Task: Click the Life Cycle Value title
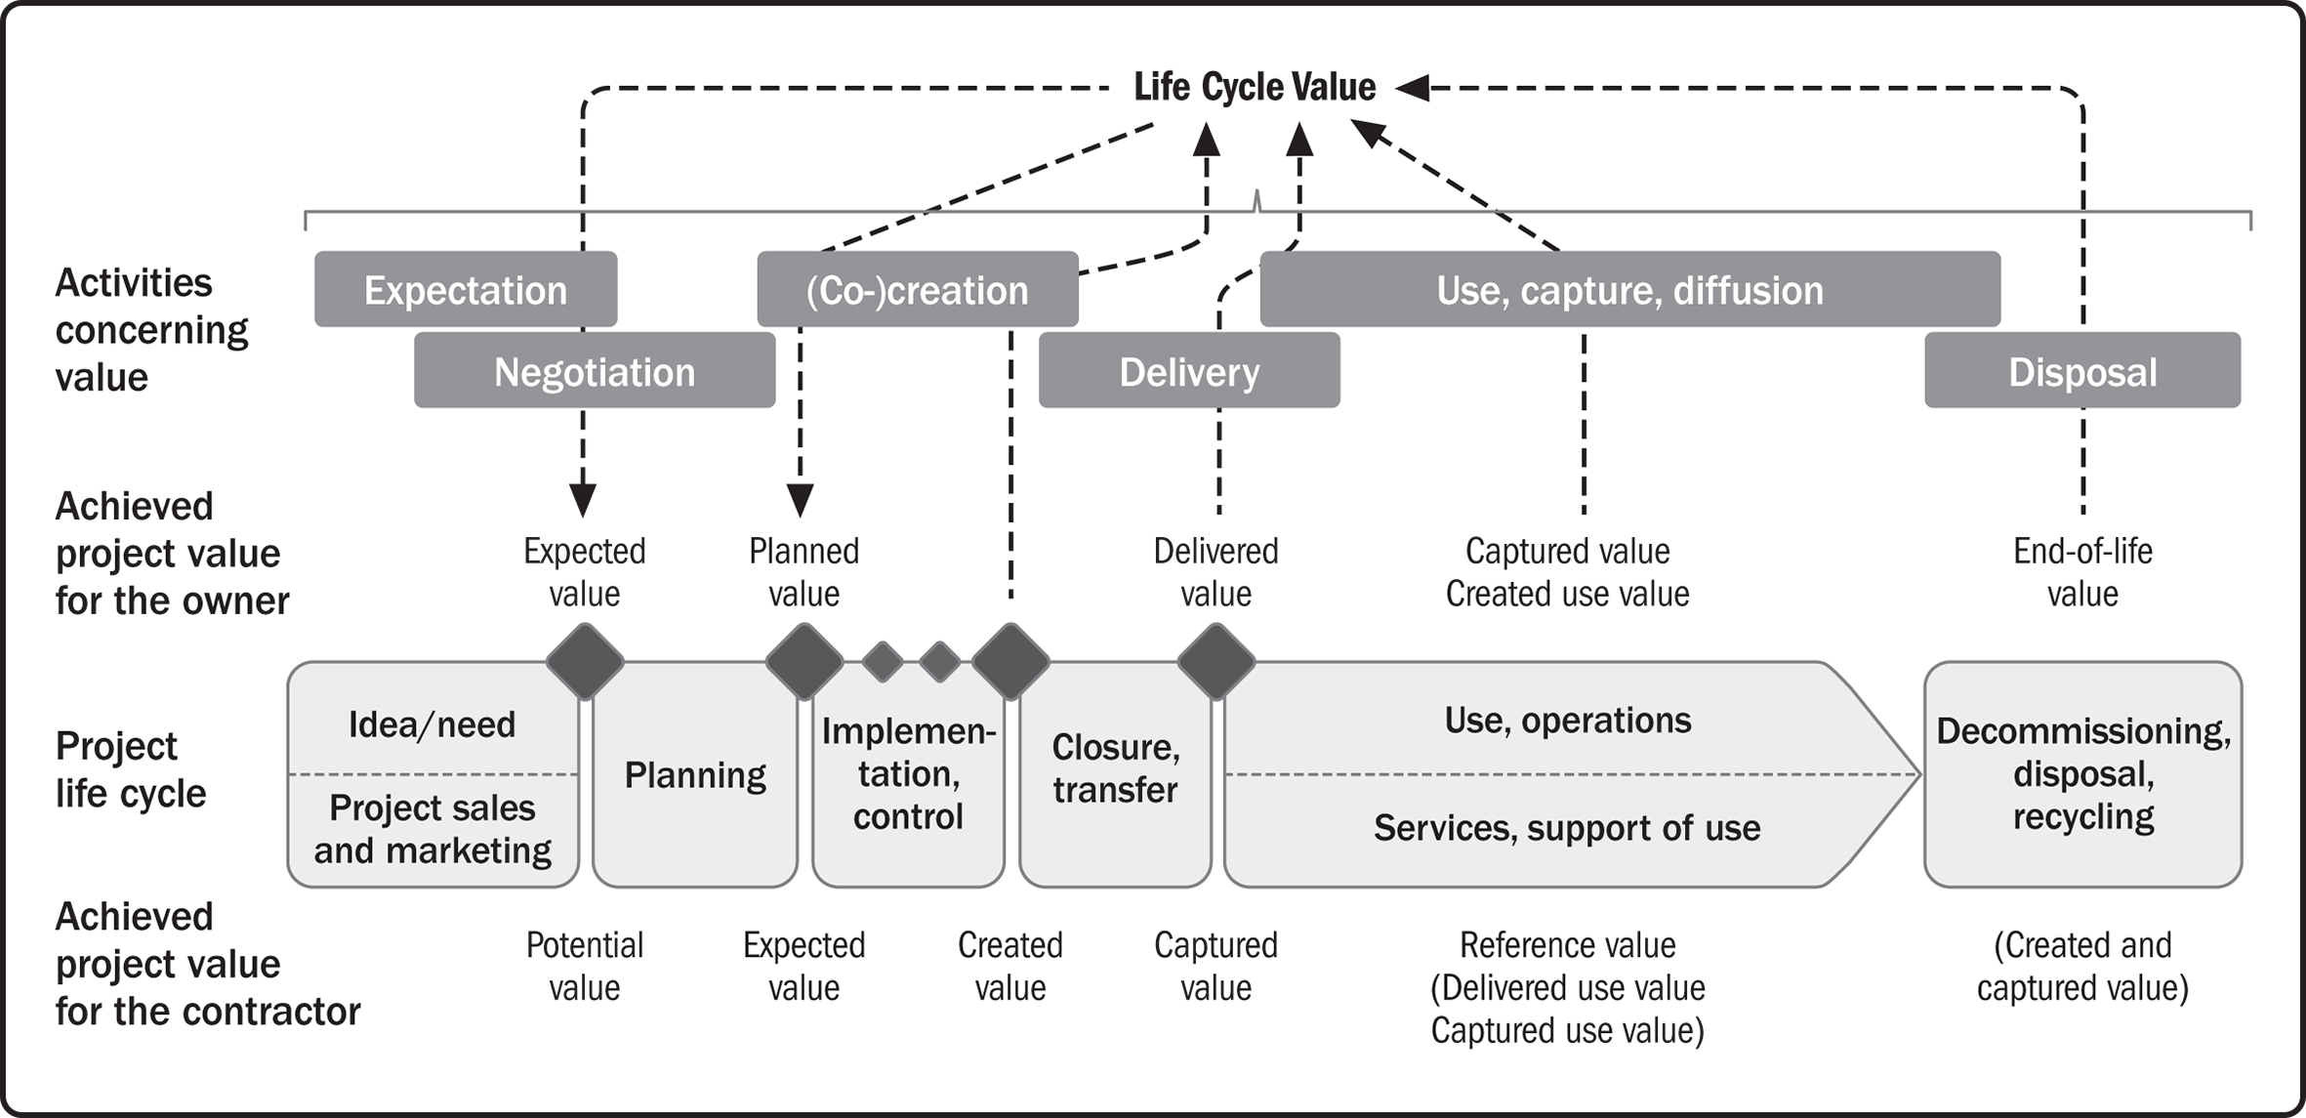pos(1255,88)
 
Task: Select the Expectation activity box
pos(466,289)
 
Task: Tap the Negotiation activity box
pos(595,370)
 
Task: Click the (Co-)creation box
pos(918,289)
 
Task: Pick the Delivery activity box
pos(1189,370)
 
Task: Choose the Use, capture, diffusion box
pos(1630,289)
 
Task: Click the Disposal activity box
pos(2082,370)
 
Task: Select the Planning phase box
pos(695,775)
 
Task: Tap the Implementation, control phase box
pos(908,775)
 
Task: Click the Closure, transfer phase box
pos(1115,775)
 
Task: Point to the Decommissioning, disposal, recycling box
pos(2082,774)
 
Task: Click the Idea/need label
pos(432,725)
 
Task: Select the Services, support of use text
pos(1567,828)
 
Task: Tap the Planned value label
pos(803,572)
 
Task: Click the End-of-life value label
pos(2082,572)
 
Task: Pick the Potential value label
pos(585,966)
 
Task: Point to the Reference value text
pos(1567,945)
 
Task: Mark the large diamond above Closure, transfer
pos(1216,662)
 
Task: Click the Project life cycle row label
pos(131,769)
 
